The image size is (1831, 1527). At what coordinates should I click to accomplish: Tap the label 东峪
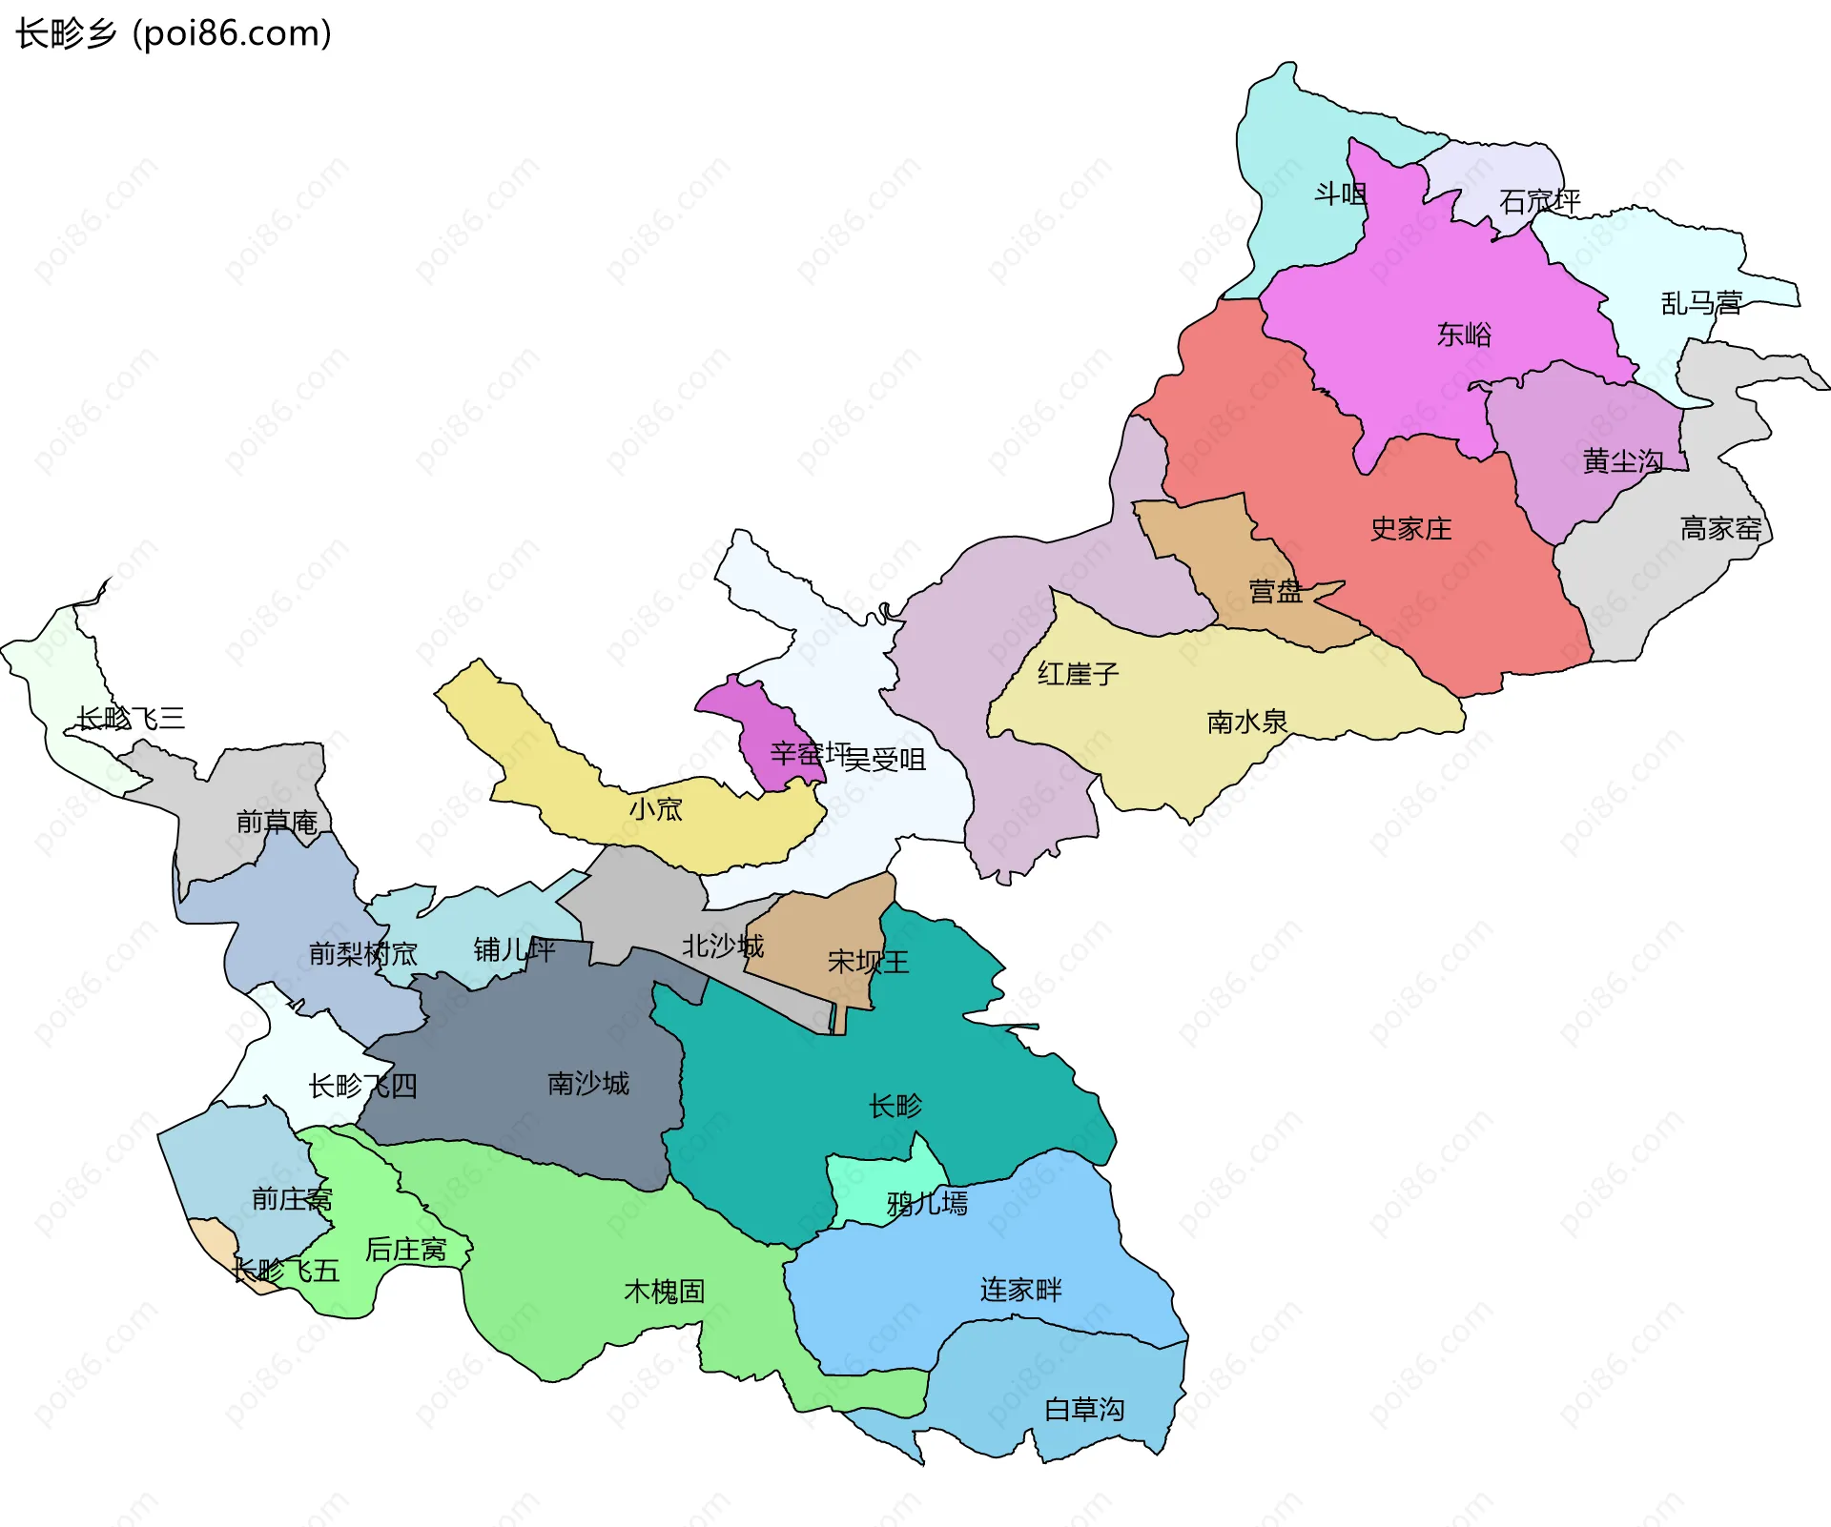1464,335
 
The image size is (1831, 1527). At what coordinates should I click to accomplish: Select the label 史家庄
1410,529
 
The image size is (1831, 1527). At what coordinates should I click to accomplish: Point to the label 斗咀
1340,194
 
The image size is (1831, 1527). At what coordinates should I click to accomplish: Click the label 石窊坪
1539,201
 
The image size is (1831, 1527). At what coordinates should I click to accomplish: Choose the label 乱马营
1701,303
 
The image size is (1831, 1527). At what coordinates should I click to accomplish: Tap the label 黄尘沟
1622,462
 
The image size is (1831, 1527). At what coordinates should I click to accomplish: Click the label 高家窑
1720,528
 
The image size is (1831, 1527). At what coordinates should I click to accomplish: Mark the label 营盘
1275,592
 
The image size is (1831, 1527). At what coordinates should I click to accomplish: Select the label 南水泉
1246,722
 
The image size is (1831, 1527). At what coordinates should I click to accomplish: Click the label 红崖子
1078,674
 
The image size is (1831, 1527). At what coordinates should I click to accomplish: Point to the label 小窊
656,809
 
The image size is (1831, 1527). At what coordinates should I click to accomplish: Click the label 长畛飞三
131,718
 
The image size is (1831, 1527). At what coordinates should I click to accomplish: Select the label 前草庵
277,822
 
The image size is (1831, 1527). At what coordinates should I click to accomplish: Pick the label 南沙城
587,1084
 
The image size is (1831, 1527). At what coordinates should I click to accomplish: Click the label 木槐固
664,1292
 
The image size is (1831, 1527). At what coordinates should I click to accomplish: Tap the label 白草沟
1084,1409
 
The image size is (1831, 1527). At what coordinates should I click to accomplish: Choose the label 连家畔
1020,1290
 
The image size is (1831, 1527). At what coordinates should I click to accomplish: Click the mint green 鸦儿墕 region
882,1182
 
